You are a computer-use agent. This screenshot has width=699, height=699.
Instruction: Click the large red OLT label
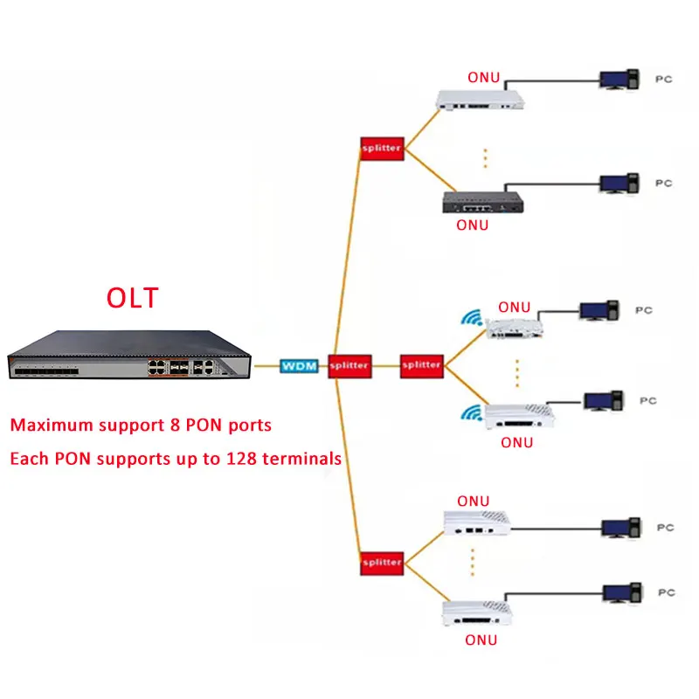pyautogui.click(x=133, y=297)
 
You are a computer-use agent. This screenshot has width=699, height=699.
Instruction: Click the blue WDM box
pyautogui.click(x=298, y=365)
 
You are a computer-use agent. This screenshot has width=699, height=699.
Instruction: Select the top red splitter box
pyautogui.click(x=381, y=149)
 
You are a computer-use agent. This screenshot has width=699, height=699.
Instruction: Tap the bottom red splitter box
pyautogui.click(x=381, y=562)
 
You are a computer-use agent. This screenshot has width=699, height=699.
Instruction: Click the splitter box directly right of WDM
pyautogui.click(x=349, y=365)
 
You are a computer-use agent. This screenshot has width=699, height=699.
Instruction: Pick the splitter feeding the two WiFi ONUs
pyautogui.click(x=421, y=365)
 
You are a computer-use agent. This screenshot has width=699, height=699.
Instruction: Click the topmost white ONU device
pyautogui.click(x=481, y=100)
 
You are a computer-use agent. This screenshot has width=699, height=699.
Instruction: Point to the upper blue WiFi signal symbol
pyautogui.click(x=474, y=316)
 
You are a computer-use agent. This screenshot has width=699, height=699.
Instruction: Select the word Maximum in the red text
pyautogui.click(x=50, y=426)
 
